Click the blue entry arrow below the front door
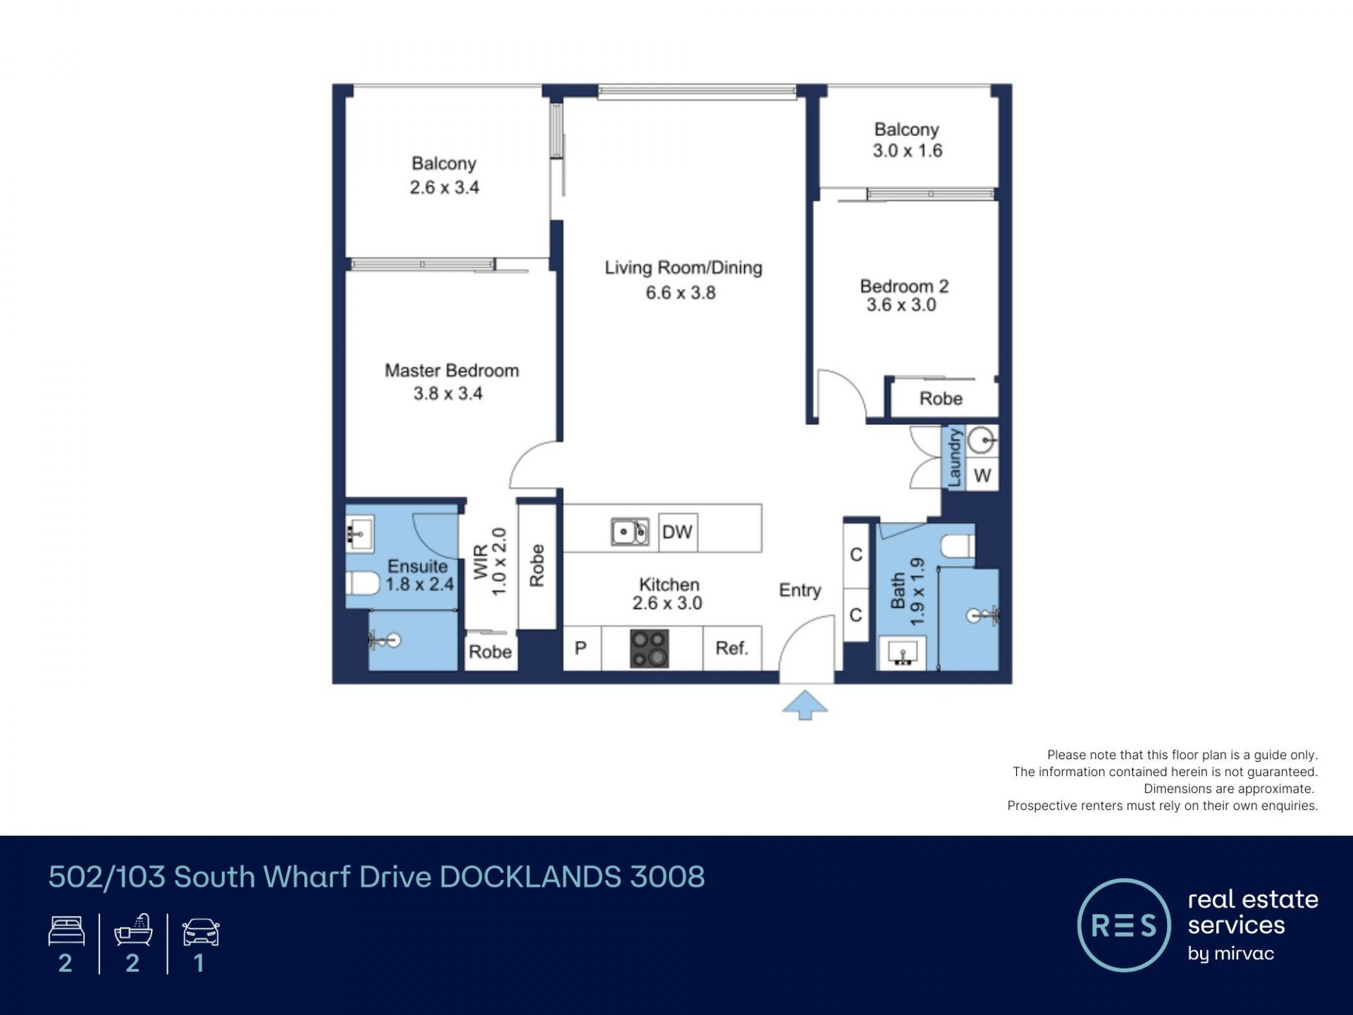pos(805,705)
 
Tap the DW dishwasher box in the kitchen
pos(678,532)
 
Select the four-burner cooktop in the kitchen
pos(649,648)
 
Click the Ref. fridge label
pos(731,648)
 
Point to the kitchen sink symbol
pos(630,532)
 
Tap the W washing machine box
pos(982,476)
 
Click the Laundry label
pos(954,457)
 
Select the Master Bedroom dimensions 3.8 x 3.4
pos(448,393)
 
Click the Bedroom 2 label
pos(904,286)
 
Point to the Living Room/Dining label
pos(684,268)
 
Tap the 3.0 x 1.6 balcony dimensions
pos(908,150)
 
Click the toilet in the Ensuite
pos(362,584)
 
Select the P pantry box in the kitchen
pos(581,648)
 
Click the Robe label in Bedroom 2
pos(941,399)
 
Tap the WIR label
pos(481,562)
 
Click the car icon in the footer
pos(201,932)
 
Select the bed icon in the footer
pos(66,931)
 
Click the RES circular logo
pos(1124,925)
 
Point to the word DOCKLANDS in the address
pos(531,877)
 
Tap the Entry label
pos(800,591)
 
